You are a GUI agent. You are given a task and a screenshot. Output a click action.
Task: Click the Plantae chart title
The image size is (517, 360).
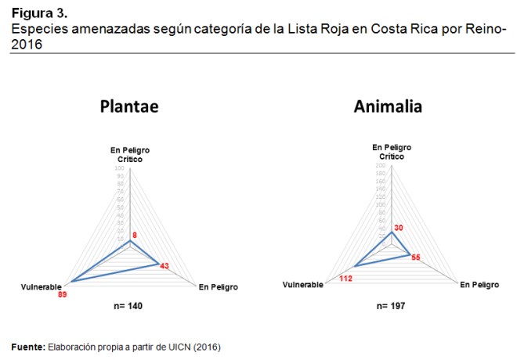pos(128,107)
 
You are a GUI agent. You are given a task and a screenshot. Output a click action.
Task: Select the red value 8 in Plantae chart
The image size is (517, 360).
pos(136,235)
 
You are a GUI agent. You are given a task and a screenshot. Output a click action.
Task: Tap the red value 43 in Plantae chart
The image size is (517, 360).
pos(164,266)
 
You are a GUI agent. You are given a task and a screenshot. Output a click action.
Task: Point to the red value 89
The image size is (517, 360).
pos(63,295)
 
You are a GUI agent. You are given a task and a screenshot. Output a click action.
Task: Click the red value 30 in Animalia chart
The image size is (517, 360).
pos(399,228)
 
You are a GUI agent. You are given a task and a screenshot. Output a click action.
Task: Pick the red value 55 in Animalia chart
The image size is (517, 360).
pos(416,257)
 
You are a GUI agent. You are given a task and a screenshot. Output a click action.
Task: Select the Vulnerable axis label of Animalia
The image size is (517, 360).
pos(302,285)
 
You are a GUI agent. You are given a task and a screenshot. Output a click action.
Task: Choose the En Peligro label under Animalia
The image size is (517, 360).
pos(479,285)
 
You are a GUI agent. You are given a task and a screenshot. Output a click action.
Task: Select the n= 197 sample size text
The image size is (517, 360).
pos(389,304)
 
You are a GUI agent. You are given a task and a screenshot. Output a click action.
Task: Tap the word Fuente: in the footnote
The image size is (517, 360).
pos(27,345)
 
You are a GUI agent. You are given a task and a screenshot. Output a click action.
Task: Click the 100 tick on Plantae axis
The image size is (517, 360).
pos(119,168)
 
